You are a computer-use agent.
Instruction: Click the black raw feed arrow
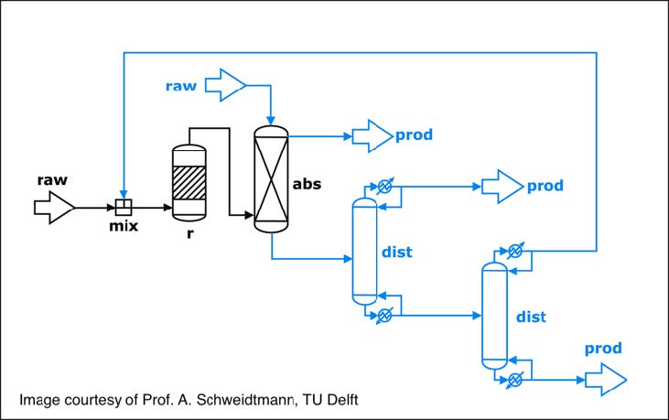pos(54,208)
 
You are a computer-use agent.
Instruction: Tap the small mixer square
pos(122,207)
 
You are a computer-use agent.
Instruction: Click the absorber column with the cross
pos(271,179)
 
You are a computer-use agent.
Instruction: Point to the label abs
pos(308,183)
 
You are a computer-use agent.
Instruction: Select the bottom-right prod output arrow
pos(606,376)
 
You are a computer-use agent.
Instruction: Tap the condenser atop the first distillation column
pos(385,186)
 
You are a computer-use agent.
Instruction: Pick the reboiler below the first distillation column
pos(385,315)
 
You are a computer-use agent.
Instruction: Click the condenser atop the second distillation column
pos(516,250)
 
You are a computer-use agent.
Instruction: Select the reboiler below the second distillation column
pos(516,378)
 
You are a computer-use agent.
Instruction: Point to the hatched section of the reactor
pos(190,179)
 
